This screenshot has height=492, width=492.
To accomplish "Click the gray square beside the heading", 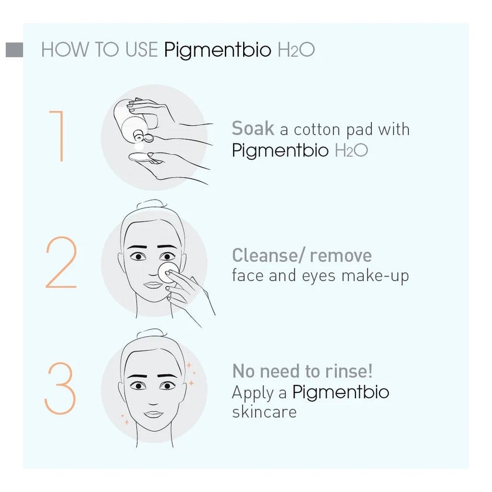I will [14, 50].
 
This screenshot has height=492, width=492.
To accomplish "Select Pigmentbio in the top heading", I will [217, 50].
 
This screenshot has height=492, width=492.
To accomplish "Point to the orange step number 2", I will [61, 263].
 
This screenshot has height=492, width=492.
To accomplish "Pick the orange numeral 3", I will [60, 389].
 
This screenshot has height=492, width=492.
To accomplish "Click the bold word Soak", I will [253, 129].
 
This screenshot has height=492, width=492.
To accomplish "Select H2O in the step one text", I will [351, 151].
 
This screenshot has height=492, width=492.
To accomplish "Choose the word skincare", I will [264, 412].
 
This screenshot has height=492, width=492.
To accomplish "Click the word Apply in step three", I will [252, 392].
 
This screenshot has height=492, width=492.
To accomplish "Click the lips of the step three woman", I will [153, 414].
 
